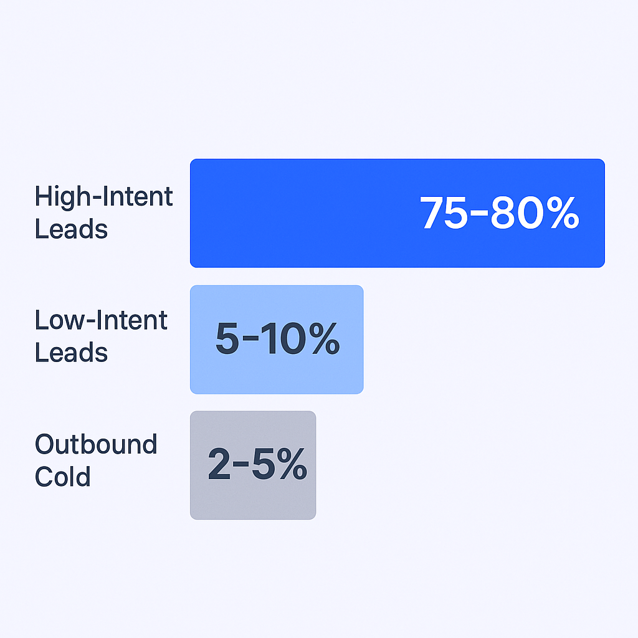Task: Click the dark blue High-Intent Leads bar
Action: (x=397, y=213)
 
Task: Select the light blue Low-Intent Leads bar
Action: (x=277, y=340)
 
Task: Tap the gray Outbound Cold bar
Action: (x=253, y=465)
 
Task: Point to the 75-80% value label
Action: (x=500, y=212)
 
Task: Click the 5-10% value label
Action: (x=277, y=338)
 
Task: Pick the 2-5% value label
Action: (x=257, y=464)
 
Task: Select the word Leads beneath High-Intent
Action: (x=71, y=229)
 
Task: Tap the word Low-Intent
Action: (x=101, y=320)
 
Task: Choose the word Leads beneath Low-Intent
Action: (x=71, y=353)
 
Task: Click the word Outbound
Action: (x=96, y=444)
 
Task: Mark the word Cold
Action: (x=63, y=476)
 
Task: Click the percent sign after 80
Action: (x=563, y=212)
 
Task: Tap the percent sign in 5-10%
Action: (x=324, y=338)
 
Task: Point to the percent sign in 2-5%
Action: (x=292, y=464)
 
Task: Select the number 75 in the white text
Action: (x=444, y=212)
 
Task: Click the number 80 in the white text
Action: (x=517, y=212)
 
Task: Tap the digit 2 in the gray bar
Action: (x=219, y=464)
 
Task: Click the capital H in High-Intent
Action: (x=44, y=196)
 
